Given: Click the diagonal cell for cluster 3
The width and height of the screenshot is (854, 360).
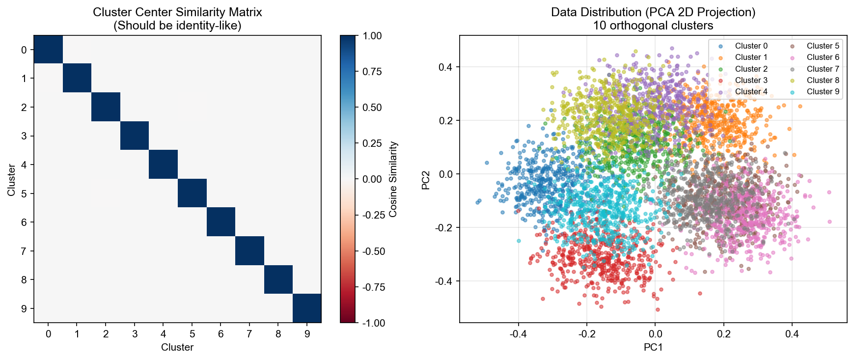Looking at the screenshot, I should pos(135,136).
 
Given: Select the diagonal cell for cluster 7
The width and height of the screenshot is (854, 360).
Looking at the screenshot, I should pos(249,250).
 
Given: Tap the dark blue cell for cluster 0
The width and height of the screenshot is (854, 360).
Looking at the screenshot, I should pos(48,49).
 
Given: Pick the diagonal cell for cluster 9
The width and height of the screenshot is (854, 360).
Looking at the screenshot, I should pos(307,308).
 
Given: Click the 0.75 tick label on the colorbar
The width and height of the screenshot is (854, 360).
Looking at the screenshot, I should pos(372,72).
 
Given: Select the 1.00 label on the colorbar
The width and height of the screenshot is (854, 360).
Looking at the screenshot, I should pos(372,36).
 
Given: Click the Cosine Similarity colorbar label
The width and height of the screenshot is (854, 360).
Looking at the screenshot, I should pos(393,179).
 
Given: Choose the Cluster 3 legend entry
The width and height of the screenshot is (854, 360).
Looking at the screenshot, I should pos(751,80).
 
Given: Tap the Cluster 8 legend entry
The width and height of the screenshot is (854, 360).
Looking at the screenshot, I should pos(823,80).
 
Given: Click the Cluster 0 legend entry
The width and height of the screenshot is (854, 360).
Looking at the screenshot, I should pos(751,46).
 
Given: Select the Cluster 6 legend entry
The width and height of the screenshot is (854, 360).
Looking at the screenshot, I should pos(823,57).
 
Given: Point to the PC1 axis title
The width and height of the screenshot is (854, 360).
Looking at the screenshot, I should pos(653,347).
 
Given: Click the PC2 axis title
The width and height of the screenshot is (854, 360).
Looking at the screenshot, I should pos(426,180).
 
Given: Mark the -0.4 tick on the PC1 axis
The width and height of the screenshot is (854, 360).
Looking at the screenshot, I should pos(518,334).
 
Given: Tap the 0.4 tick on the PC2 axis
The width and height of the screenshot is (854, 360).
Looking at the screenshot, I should pos(445,67).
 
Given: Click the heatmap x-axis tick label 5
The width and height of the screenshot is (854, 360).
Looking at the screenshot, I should pos(192,334).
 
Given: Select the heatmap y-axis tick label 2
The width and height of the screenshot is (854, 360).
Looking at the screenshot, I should pos(24,107).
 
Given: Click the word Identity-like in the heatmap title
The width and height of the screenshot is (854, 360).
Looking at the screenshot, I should pos(211,26).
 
